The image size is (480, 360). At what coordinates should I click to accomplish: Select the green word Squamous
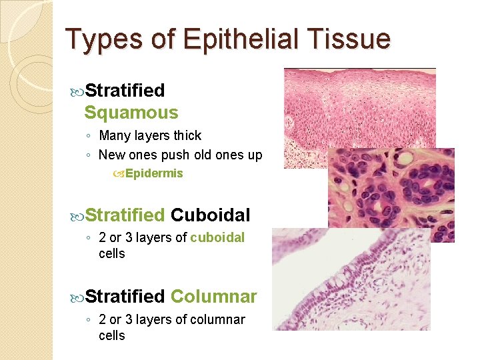[131, 113]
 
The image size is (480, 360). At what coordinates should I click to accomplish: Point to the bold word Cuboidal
[210, 215]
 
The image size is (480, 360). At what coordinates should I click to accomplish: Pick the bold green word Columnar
[213, 296]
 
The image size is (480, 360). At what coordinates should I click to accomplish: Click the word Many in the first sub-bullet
[115, 136]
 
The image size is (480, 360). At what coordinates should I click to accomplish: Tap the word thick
[187, 136]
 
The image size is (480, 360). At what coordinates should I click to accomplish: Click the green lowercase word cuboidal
[217, 238]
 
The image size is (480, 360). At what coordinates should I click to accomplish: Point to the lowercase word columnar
[217, 320]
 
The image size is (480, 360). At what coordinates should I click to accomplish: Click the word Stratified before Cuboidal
[125, 215]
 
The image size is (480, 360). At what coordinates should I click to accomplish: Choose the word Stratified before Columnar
[125, 296]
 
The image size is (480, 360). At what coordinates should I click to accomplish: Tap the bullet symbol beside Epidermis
[118, 174]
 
